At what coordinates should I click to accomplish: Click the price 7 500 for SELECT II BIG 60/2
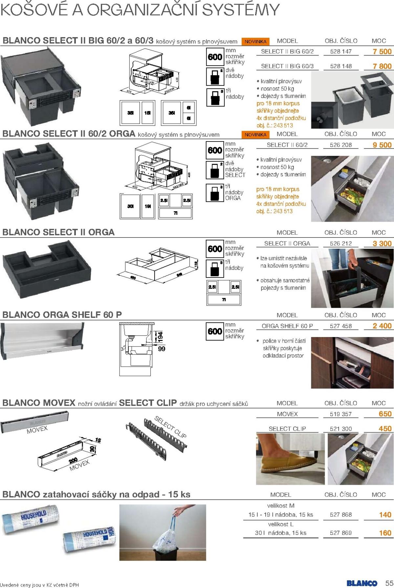pos(382,52)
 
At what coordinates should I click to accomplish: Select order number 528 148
pos(341,66)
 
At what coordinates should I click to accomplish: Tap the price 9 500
pos(382,145)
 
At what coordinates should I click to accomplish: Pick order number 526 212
pos(341,244)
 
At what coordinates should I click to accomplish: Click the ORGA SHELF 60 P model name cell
pos(287,326)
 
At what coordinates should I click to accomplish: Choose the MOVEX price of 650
pos(385,414)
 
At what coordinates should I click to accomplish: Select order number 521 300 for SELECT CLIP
pos(341,429)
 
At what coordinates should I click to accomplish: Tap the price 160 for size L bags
pos(385,533)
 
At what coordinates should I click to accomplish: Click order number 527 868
pos(341,515)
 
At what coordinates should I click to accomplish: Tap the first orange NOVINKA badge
pos(256,42)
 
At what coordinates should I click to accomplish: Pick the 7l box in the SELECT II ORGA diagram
pos(224,300)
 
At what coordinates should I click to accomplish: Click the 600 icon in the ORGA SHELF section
pos(215,331)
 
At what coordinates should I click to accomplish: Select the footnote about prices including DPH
pos(39,585)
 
